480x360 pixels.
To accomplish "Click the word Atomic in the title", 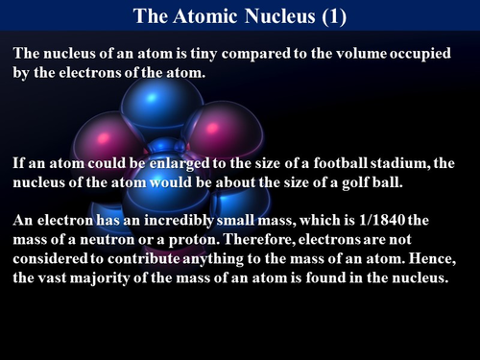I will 200,14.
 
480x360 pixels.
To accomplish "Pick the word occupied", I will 423,54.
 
